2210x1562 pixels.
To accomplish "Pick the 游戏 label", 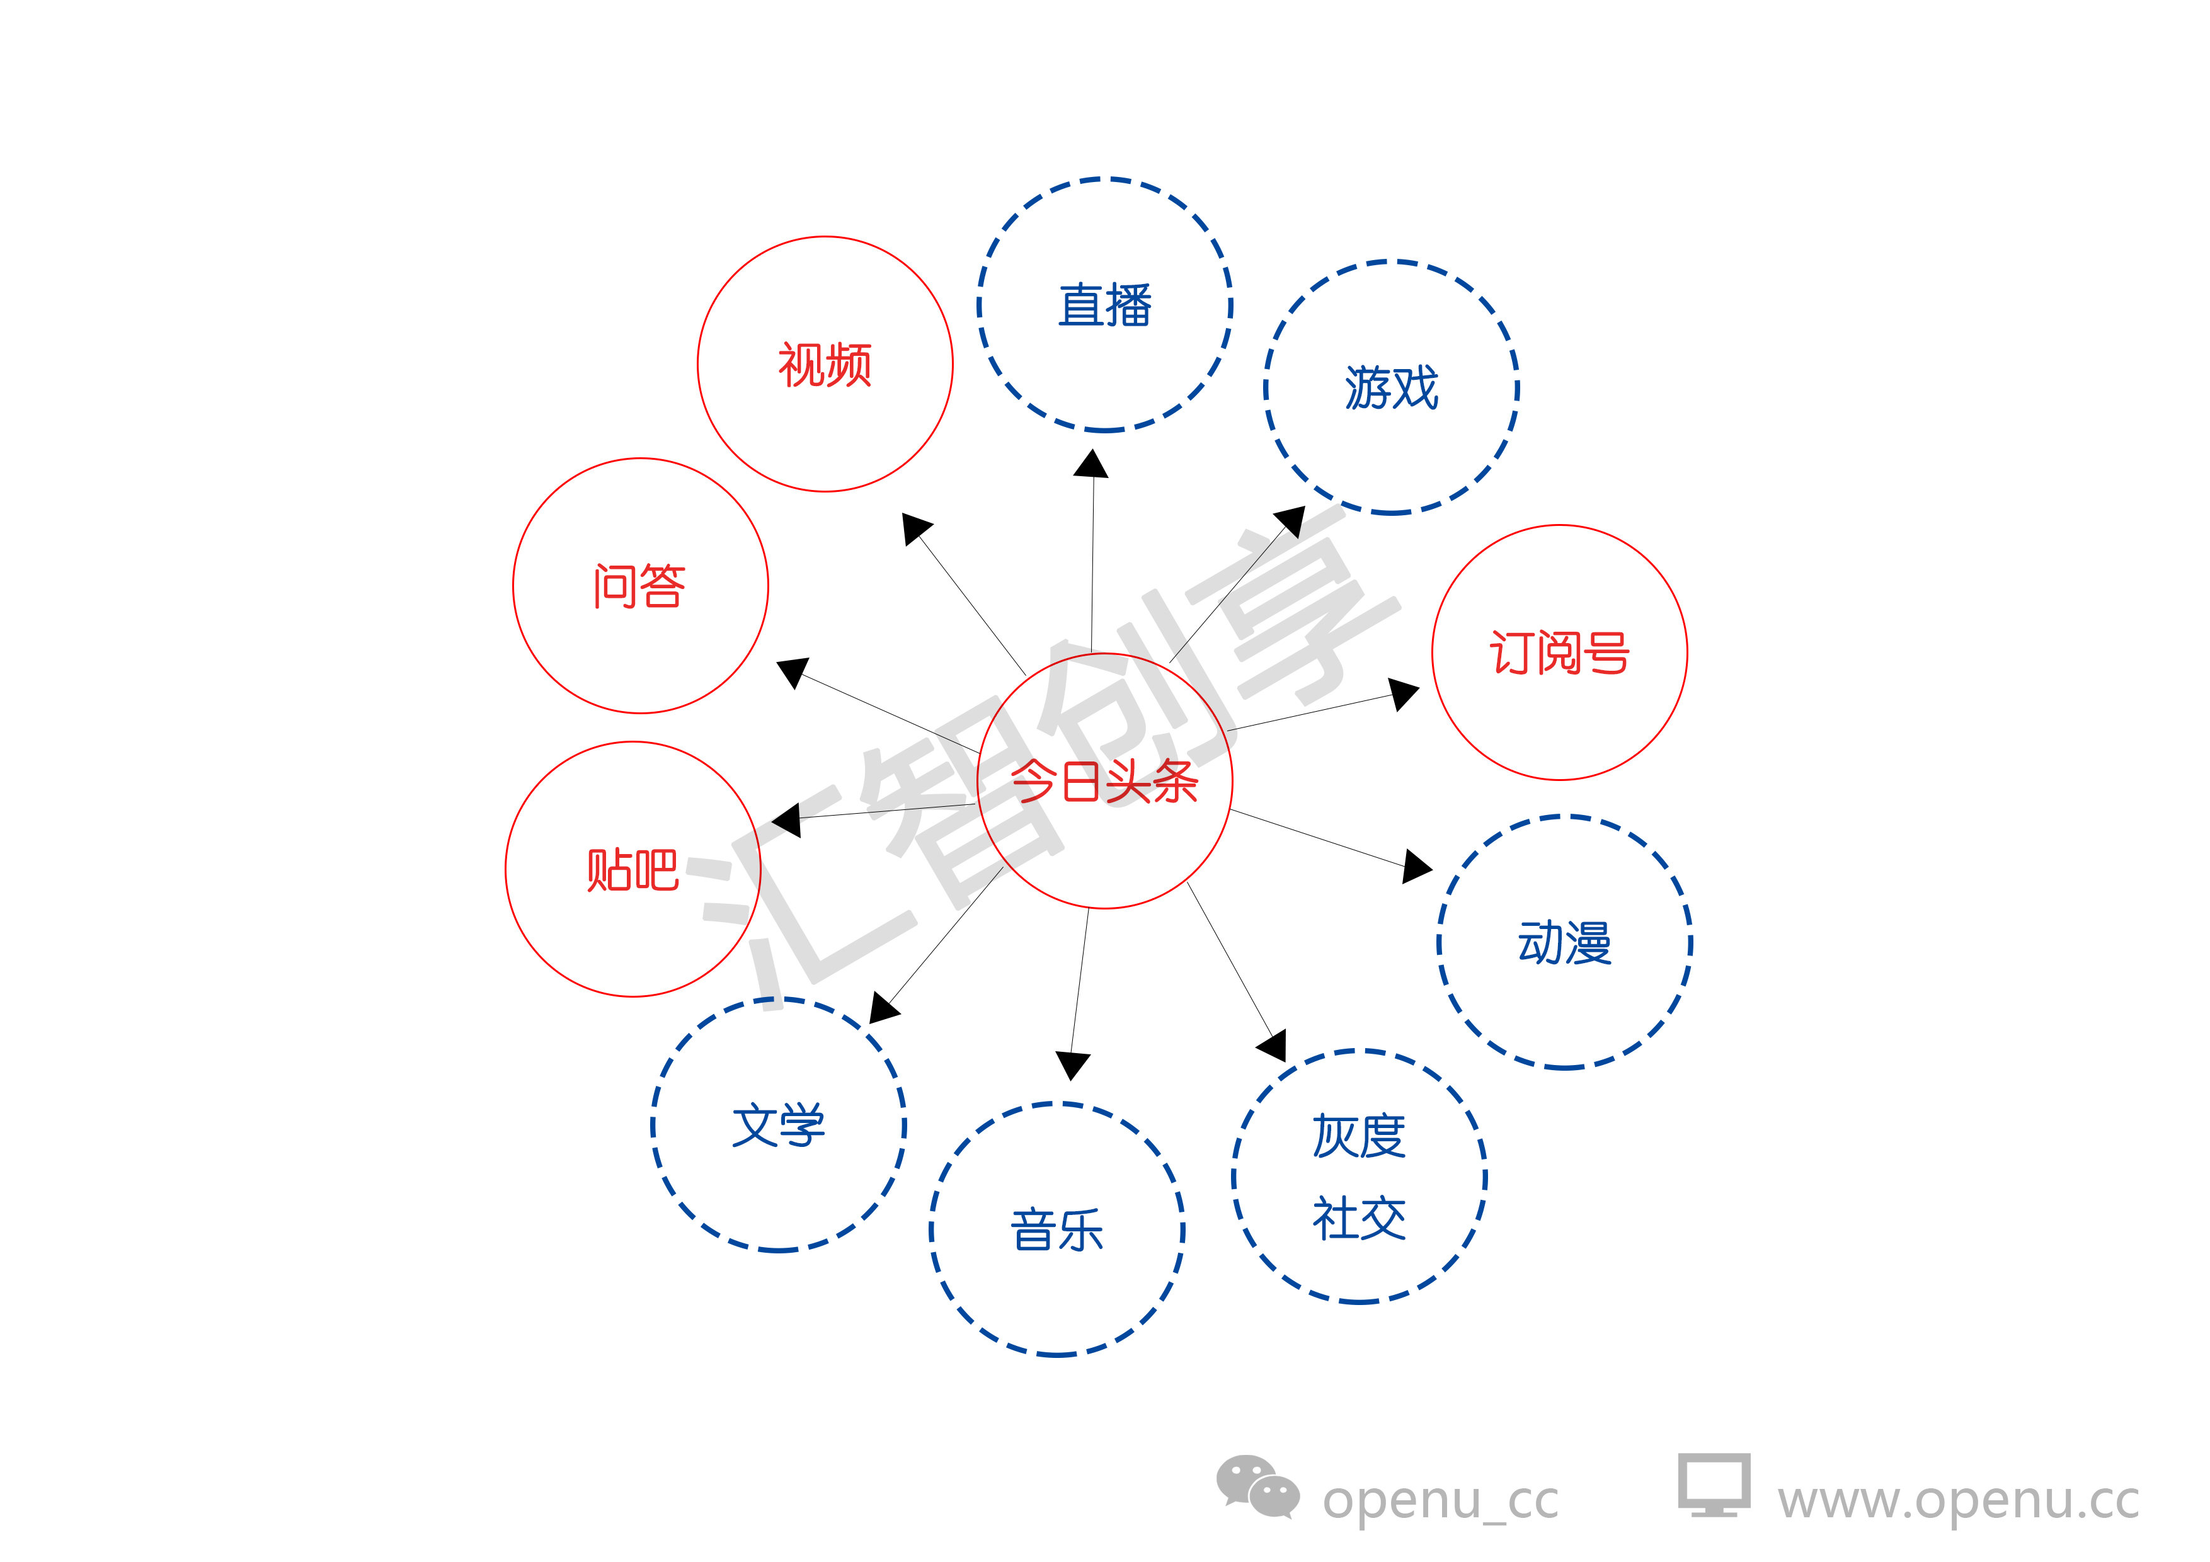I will (x=1391, y=388).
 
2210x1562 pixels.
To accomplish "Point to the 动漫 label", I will (x=1564, y=942).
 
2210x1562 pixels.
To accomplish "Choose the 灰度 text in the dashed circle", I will (x=1359, y=1137).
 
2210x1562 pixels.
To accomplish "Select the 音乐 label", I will (x=1057, y=1230).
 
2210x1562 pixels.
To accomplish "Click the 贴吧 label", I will (x=633, y=870).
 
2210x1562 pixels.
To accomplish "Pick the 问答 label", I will (x=639, y=586).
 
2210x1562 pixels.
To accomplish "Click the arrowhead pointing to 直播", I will (x=1092, y=465).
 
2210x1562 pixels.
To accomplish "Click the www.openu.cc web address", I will (x=1958, y=1500).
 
